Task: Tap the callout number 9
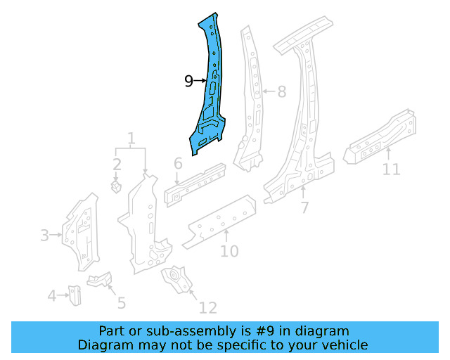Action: (x=188, y=82)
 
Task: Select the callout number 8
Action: (x=281, y=91)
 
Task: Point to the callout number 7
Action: (x=304, y=207)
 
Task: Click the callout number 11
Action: (x=391, y=169)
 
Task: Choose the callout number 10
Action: (x=229, y=251)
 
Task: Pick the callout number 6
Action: (x=178, y=164)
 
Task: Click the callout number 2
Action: (x=117, y=165)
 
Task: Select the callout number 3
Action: (x=45, y=236)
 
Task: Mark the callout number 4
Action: (x=51, y=296)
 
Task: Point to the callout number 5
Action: (x=121, y=303)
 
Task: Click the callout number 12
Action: (x=207, y=307)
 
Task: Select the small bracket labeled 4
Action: (x=75, y=295)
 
